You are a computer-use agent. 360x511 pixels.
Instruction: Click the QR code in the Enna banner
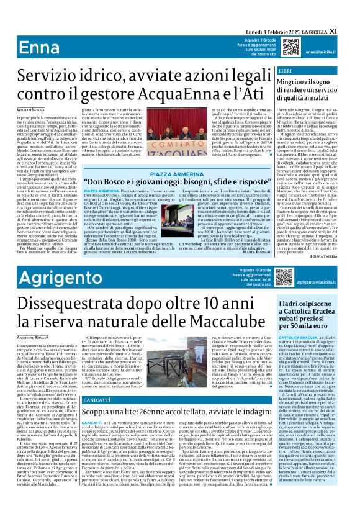tap(291, 47)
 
